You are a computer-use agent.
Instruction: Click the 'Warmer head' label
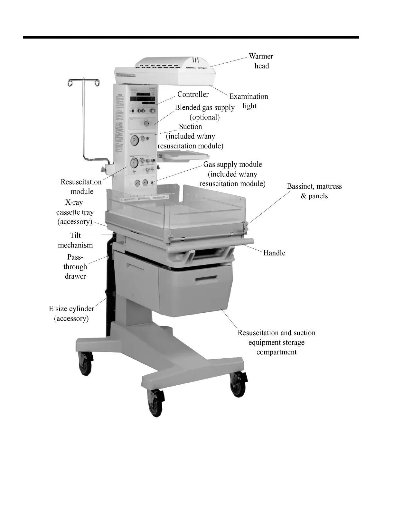tap(261, 61)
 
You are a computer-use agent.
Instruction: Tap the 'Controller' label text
tap(193, 94)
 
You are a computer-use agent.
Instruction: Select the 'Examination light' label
tap(249, 101)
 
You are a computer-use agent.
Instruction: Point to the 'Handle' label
tap(274, 253)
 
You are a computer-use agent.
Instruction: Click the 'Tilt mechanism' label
tap(75, 240)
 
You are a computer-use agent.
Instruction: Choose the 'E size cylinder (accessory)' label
tap(71, 313)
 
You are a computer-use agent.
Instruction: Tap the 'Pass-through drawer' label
tap(75, 266)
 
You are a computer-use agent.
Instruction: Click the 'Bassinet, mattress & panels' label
tap(314, 191)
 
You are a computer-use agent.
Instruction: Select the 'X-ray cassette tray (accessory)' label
tap(75, 212)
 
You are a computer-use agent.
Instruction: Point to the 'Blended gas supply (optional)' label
tap(205, 112)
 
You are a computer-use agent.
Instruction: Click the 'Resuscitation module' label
tap(81, 186)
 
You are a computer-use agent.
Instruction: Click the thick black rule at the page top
tap(191, 37)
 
